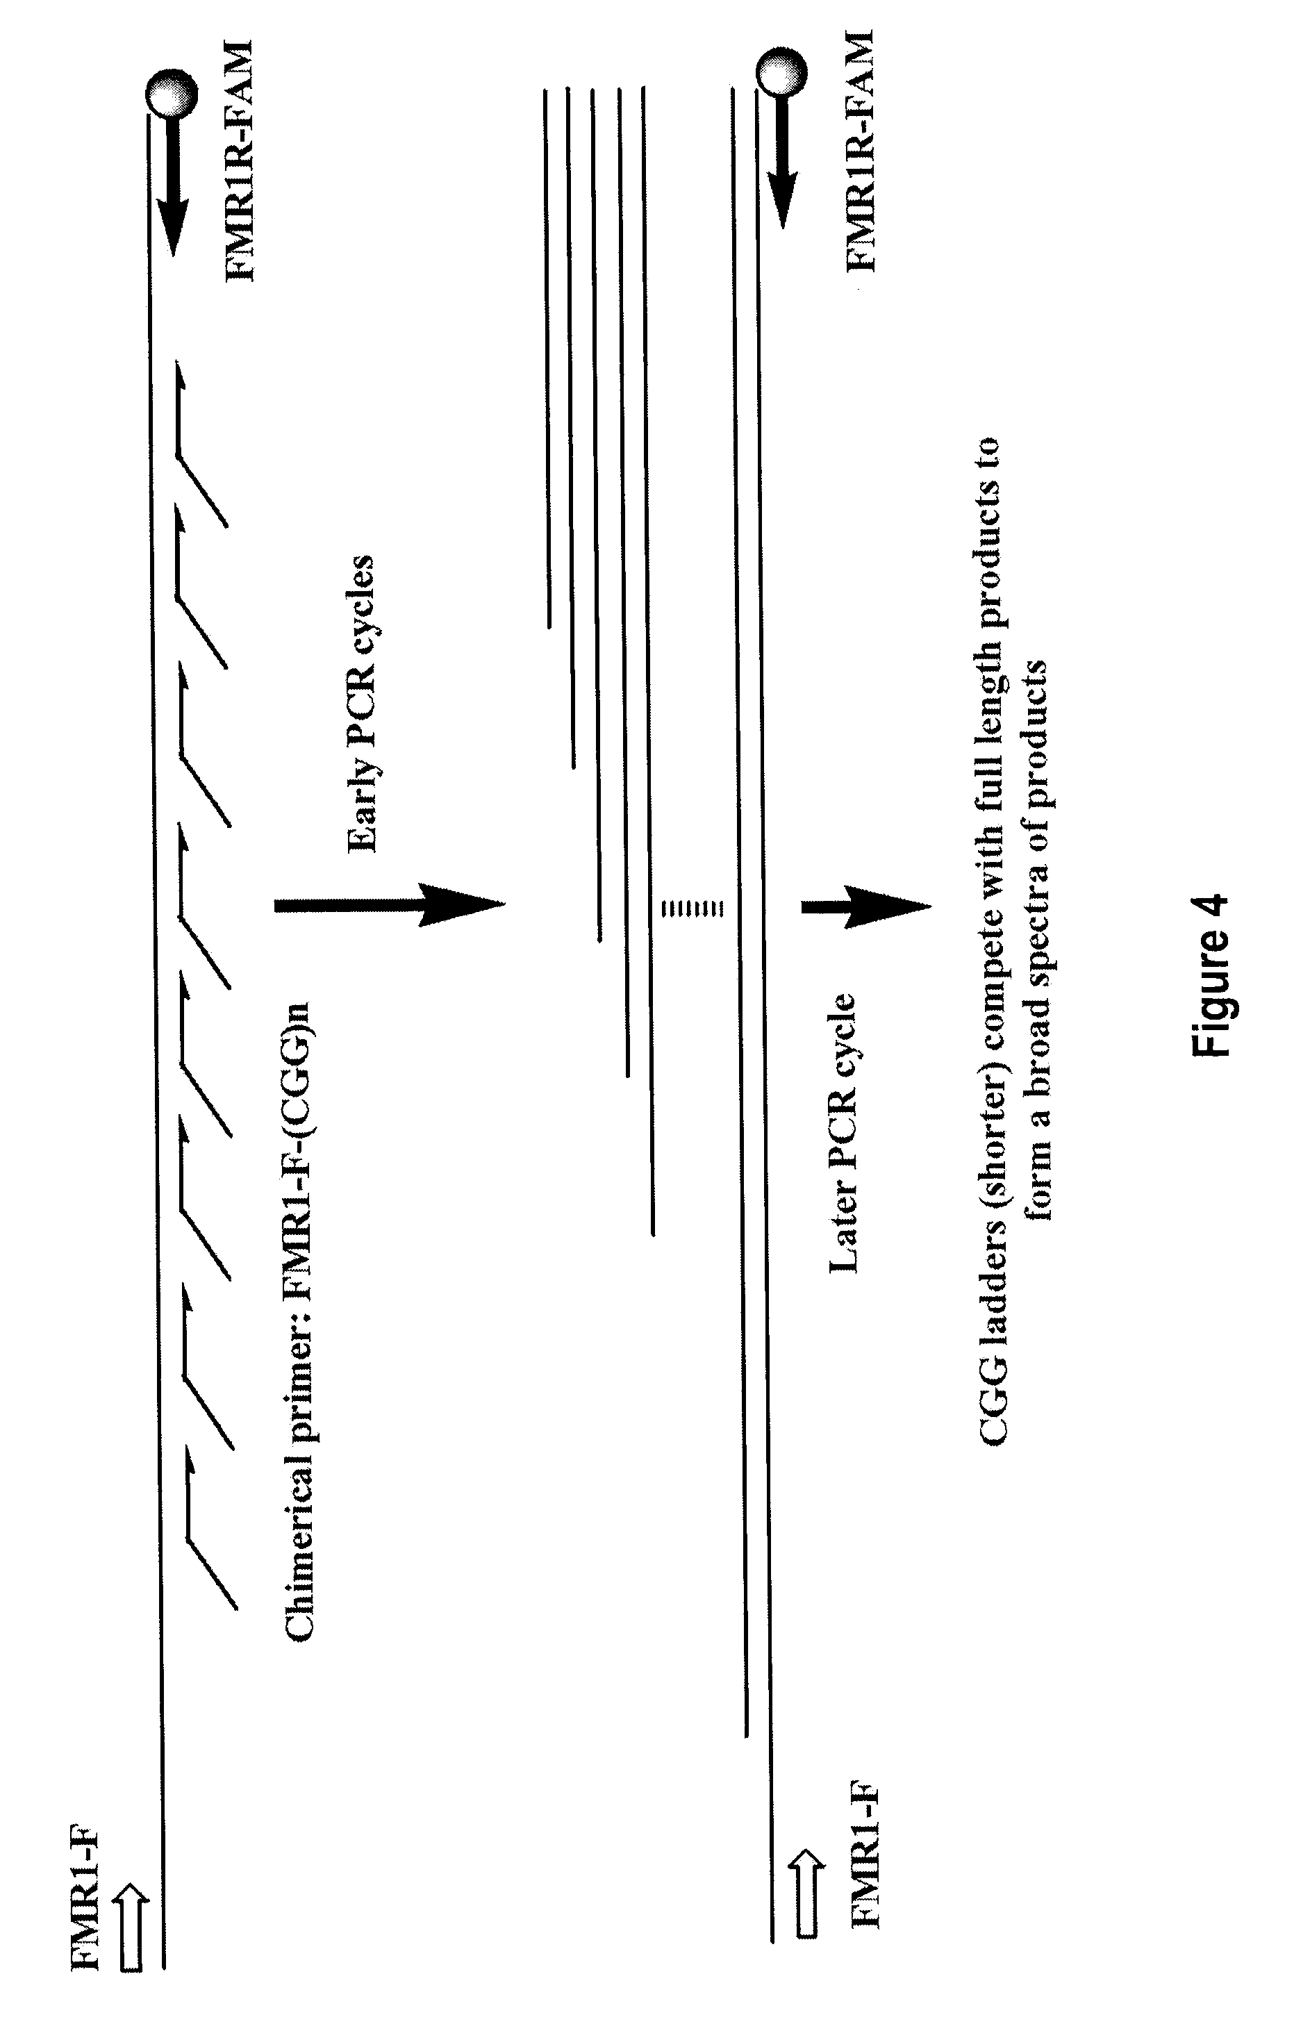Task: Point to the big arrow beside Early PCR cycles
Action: (x=389, y=906)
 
